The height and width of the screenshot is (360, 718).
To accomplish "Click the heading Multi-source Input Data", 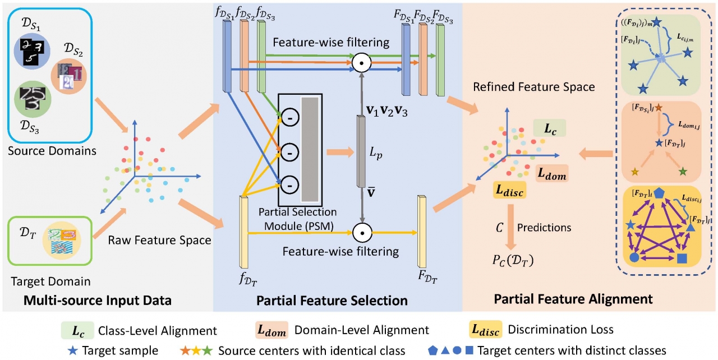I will tap(98, 300).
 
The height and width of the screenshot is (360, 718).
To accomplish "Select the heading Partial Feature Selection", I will tap(332, 300).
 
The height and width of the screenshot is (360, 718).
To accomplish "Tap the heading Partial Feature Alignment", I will tap(573, 299).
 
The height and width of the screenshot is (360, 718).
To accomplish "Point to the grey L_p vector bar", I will tap(361, 151).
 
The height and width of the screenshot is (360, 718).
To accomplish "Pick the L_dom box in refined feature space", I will tap(552, 175).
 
